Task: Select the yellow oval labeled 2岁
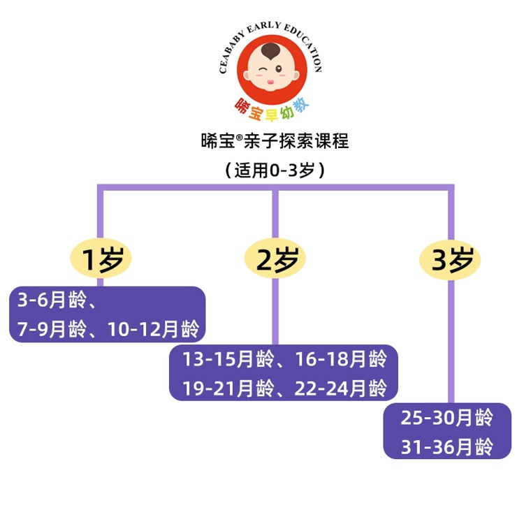pos(275,260)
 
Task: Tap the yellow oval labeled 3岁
pos(450,260)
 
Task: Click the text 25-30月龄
pos(447,419)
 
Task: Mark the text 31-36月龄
pos(447,446)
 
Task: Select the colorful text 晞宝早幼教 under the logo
pos(271,108)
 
